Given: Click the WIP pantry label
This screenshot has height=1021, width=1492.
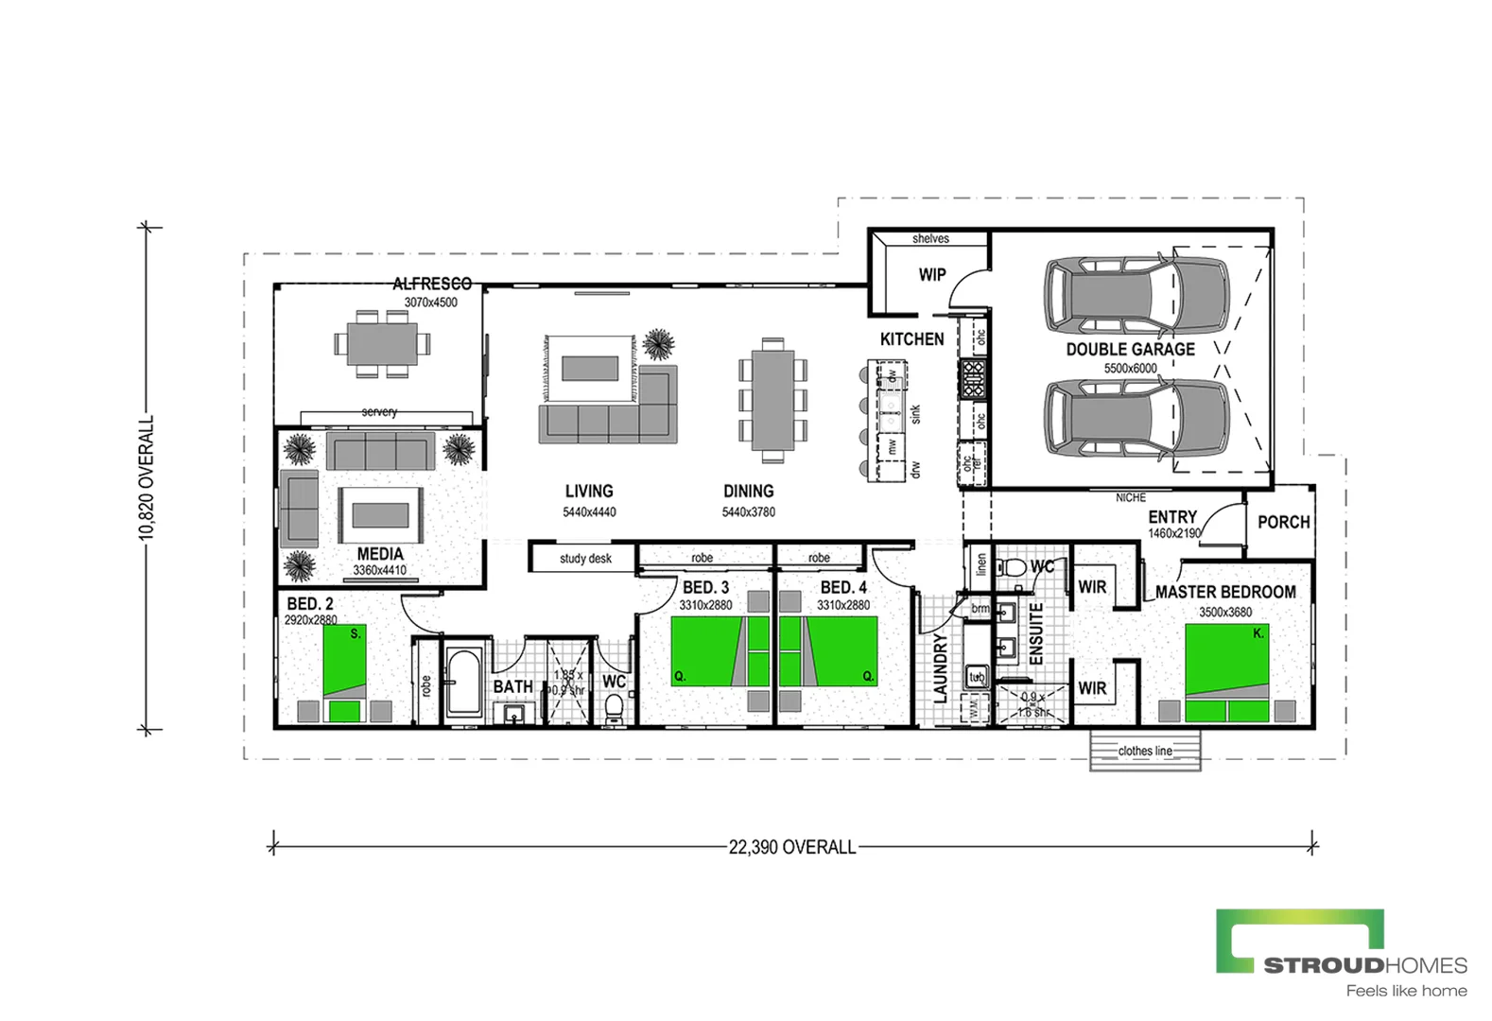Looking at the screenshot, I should point(931,275).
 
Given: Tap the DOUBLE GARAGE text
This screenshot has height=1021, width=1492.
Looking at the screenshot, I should point(1130,349).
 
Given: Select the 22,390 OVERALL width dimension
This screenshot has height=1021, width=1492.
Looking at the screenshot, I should point(791,847).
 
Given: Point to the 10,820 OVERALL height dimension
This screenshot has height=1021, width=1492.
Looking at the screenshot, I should point(147,478).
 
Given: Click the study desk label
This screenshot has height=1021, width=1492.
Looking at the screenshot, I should point(585,559).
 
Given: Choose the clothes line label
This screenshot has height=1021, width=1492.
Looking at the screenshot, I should point(1145,751).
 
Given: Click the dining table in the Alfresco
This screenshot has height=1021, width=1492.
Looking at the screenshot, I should point(382,344).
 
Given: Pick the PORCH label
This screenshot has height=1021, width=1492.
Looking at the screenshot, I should point(1283,522).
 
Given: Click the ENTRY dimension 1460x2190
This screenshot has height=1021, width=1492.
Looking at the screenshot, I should point(1173,533).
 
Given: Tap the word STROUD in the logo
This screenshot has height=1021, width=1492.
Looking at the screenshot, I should point(1324,965).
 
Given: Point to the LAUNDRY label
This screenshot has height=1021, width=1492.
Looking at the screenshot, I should point(940,667).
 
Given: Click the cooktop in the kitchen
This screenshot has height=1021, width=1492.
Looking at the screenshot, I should point(972,377).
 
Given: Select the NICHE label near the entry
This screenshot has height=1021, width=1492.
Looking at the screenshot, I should point(1130,497).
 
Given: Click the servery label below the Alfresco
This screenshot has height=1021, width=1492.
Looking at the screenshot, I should point(379,412).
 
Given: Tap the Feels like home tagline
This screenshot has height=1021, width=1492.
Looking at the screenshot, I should point(1406,991).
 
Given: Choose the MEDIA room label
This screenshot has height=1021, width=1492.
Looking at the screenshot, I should point(380,554).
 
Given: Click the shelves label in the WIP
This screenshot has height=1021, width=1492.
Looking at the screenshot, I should point(930,239).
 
